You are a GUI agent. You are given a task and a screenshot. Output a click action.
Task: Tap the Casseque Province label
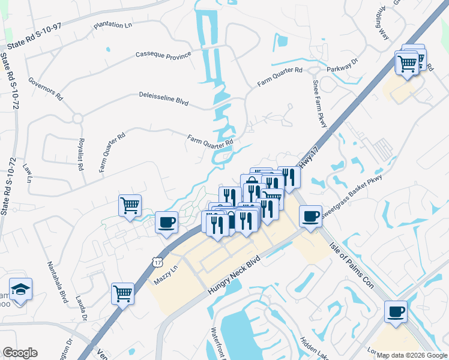(x=163, y=55)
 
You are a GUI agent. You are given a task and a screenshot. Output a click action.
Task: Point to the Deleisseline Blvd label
(x=163, y=99)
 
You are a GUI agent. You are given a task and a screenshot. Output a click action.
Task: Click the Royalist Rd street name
(x=80, y=155)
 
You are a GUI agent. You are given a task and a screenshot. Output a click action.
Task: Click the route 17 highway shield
(x=157, y=262)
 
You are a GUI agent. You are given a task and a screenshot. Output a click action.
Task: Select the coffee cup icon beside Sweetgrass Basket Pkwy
(x=310, y=216)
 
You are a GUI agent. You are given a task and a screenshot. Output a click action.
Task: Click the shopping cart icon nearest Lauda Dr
(x=122, y=293)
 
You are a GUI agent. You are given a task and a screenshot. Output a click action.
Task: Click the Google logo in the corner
(x=20, y=353)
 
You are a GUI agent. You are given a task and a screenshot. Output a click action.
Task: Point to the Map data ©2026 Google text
(x=411, y=355)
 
